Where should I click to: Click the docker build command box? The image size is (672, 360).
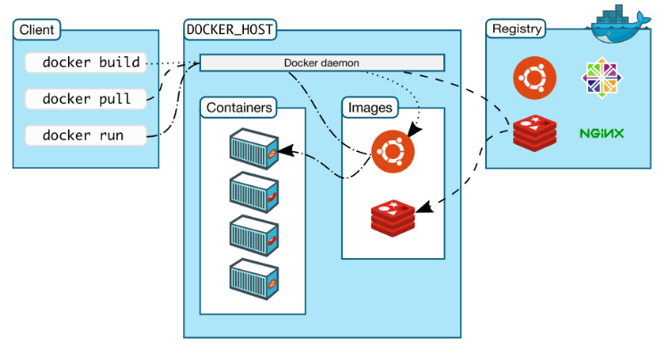point(86,63)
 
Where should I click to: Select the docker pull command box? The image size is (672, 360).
point(86,99)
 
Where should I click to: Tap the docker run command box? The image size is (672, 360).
point(86,136)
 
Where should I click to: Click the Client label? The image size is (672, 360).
point(37,29)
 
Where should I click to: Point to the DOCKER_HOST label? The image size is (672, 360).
point(231,29)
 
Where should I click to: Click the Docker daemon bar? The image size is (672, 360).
point(323,63)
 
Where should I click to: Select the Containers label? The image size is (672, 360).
point(239,107)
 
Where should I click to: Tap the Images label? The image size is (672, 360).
point(370,107)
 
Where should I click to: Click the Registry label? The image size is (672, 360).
point(516,29)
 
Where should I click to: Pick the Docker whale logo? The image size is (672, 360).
point(619,25)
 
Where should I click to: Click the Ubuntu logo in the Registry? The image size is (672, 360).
point(534,78)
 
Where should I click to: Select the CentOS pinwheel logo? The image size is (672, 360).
point(602,78)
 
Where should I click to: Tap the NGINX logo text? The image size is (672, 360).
point(601,133)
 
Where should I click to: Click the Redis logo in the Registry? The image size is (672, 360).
point(535,133)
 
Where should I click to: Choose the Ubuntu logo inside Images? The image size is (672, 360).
point(392,151)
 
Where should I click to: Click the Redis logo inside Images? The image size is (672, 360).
point(392,218)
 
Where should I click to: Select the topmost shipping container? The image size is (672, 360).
point(254,148)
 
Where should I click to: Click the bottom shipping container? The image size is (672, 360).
point(254,279)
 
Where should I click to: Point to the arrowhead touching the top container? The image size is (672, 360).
point(286,150)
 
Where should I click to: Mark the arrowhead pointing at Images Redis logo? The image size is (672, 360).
point(424,207)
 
